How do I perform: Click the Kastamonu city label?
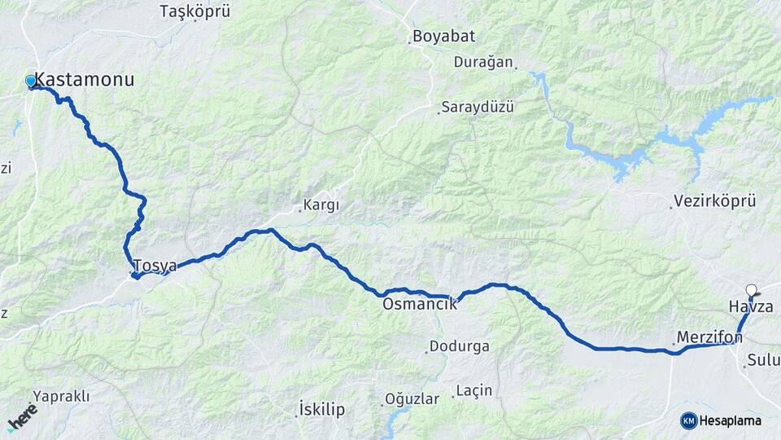pos(85,80)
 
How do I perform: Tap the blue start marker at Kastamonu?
pos(31,81)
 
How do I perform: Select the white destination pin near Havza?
pos(752,289)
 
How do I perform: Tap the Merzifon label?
pos(709,337)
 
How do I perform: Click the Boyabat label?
pos(443,37)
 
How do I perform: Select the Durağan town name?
pos(483,62)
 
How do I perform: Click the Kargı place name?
pos(321,205)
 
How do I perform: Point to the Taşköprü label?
pos(195,11)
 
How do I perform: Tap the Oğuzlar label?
pos(412,399)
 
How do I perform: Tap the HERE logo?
pos(22,416)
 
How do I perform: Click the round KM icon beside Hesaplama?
pos(689,420)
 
